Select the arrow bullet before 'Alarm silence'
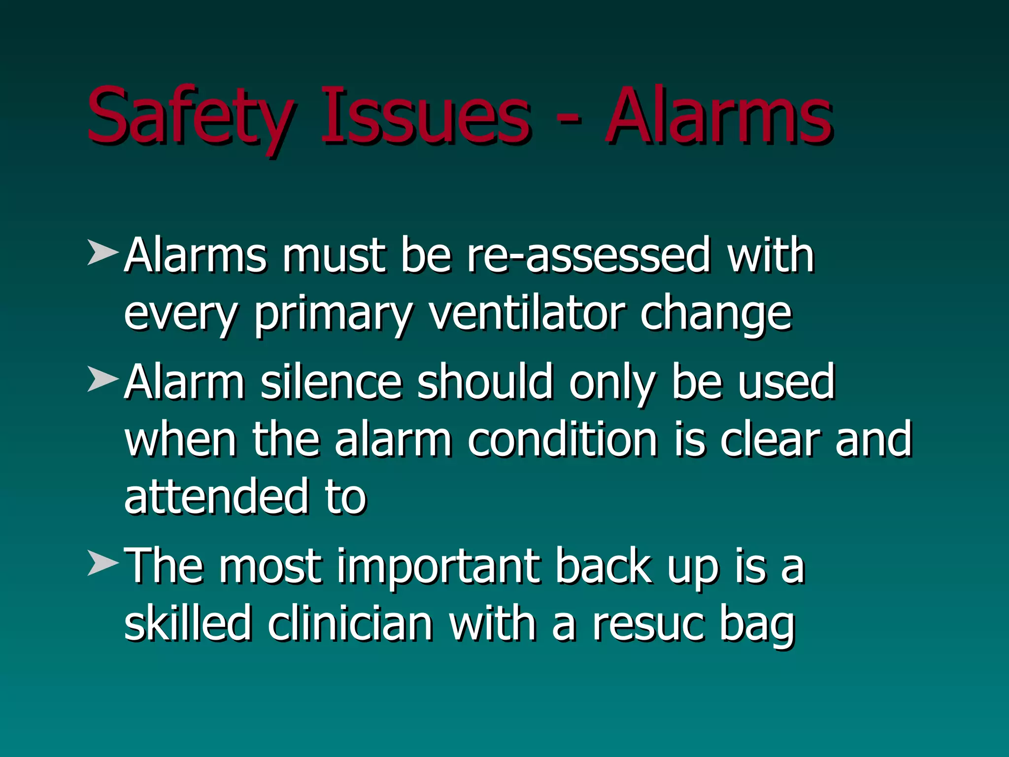click(x=102, y=379)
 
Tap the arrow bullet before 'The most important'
click(x=102, y=563)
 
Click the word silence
click(x=331, y=382)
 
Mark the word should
click(x=485, y=382)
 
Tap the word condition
click(x=563, y=439)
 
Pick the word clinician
click(x=350, y=624)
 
